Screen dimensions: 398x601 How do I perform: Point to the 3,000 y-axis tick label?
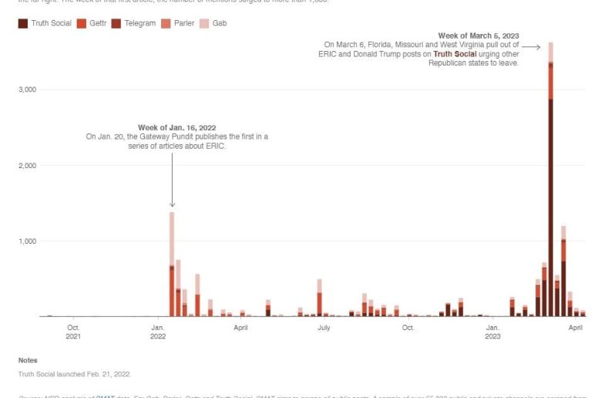pos(27,89)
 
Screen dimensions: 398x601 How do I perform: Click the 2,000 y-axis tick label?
pos(27,165)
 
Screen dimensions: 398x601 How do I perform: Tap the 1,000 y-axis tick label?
pos(27,241)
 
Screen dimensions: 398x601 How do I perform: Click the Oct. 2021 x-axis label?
pos(73,332)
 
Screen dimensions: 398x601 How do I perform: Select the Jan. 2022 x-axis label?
pos(158,332)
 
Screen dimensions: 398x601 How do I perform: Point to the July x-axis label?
pos(324,327)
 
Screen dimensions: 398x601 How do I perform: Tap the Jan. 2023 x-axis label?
pos(492,332)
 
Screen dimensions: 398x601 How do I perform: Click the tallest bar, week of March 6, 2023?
pos(551,193)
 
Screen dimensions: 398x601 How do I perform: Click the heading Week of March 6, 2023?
pos(478,35)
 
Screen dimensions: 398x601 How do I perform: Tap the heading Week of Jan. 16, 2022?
pos(176,127)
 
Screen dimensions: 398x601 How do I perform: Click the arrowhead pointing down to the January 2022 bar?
pos(172,204)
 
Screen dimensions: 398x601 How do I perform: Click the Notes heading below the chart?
pos(28,360)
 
